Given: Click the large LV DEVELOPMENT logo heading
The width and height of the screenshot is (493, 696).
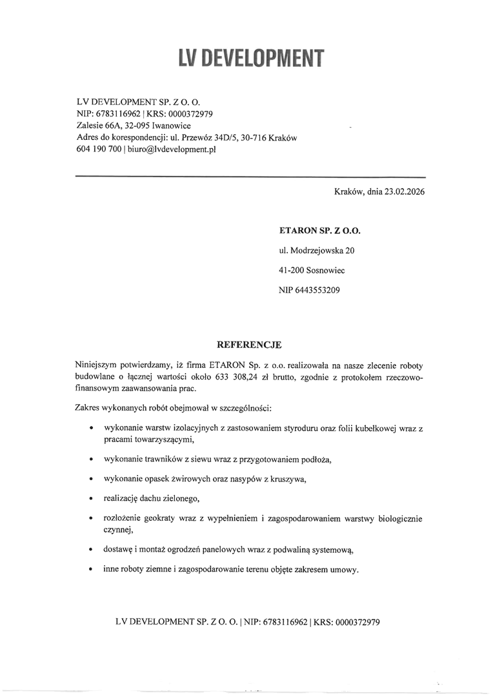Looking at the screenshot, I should pos(251,59).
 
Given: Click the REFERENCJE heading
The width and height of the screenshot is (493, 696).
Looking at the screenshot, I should pos(250,345).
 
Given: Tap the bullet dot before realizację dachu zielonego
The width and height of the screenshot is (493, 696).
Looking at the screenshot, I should pos(93,499).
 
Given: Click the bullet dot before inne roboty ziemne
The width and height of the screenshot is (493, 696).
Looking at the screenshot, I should pos(93,570).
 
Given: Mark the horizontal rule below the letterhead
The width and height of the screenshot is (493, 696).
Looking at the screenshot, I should pos(251,176).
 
